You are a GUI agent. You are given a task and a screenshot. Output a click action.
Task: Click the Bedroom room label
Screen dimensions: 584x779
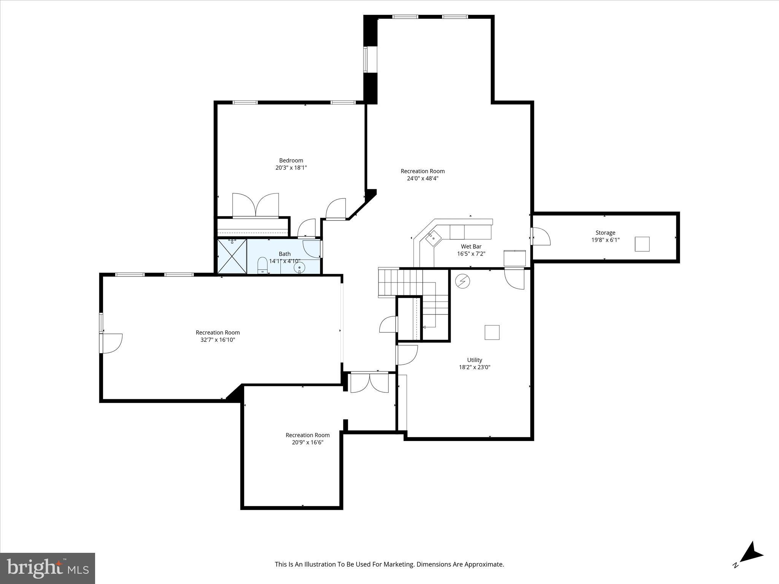[291, 160]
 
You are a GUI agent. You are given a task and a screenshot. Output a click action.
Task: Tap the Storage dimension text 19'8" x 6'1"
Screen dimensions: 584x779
[605, 240]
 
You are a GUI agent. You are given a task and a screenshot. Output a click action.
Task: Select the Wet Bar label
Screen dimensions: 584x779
[471, 246]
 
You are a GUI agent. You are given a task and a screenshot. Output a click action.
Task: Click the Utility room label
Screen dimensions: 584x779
[474, 360]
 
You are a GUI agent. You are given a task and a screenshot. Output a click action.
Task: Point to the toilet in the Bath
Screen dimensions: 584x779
[262, 265]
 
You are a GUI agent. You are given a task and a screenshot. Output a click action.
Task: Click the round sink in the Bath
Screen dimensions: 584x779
[299, 267]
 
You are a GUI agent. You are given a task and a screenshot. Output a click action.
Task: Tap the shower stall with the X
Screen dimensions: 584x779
[232, 256]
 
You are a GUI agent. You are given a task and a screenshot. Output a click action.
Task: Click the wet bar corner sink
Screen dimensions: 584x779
[433, 238]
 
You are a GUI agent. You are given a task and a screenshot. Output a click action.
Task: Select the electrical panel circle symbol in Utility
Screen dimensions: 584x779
[463, 281]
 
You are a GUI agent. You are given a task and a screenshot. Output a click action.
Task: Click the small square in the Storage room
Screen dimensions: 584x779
[642, 244]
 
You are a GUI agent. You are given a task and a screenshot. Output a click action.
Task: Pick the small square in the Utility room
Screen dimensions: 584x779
[491, 332]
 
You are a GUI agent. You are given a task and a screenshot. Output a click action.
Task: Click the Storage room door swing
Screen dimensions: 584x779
[541, 236]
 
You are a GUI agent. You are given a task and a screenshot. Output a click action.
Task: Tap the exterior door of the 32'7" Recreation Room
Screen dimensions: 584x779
[111, 343]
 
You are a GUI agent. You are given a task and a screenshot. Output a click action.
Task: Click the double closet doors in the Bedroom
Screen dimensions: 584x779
[256, 205]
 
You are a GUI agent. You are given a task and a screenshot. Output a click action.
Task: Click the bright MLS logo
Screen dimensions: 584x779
[48, 568]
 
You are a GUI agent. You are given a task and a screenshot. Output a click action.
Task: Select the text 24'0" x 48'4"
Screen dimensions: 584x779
[422, 178]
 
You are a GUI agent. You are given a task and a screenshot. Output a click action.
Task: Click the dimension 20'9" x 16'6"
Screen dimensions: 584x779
[307, 443]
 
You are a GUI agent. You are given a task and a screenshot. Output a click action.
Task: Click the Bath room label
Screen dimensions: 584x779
[285, 254]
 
